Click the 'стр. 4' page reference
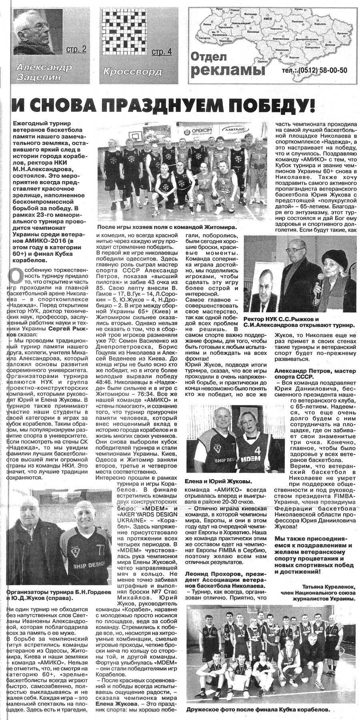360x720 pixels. click(x=162, y=51)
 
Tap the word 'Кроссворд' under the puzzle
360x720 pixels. click(x=132, y=72)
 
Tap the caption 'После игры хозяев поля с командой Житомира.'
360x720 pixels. click(x=166, y=227)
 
